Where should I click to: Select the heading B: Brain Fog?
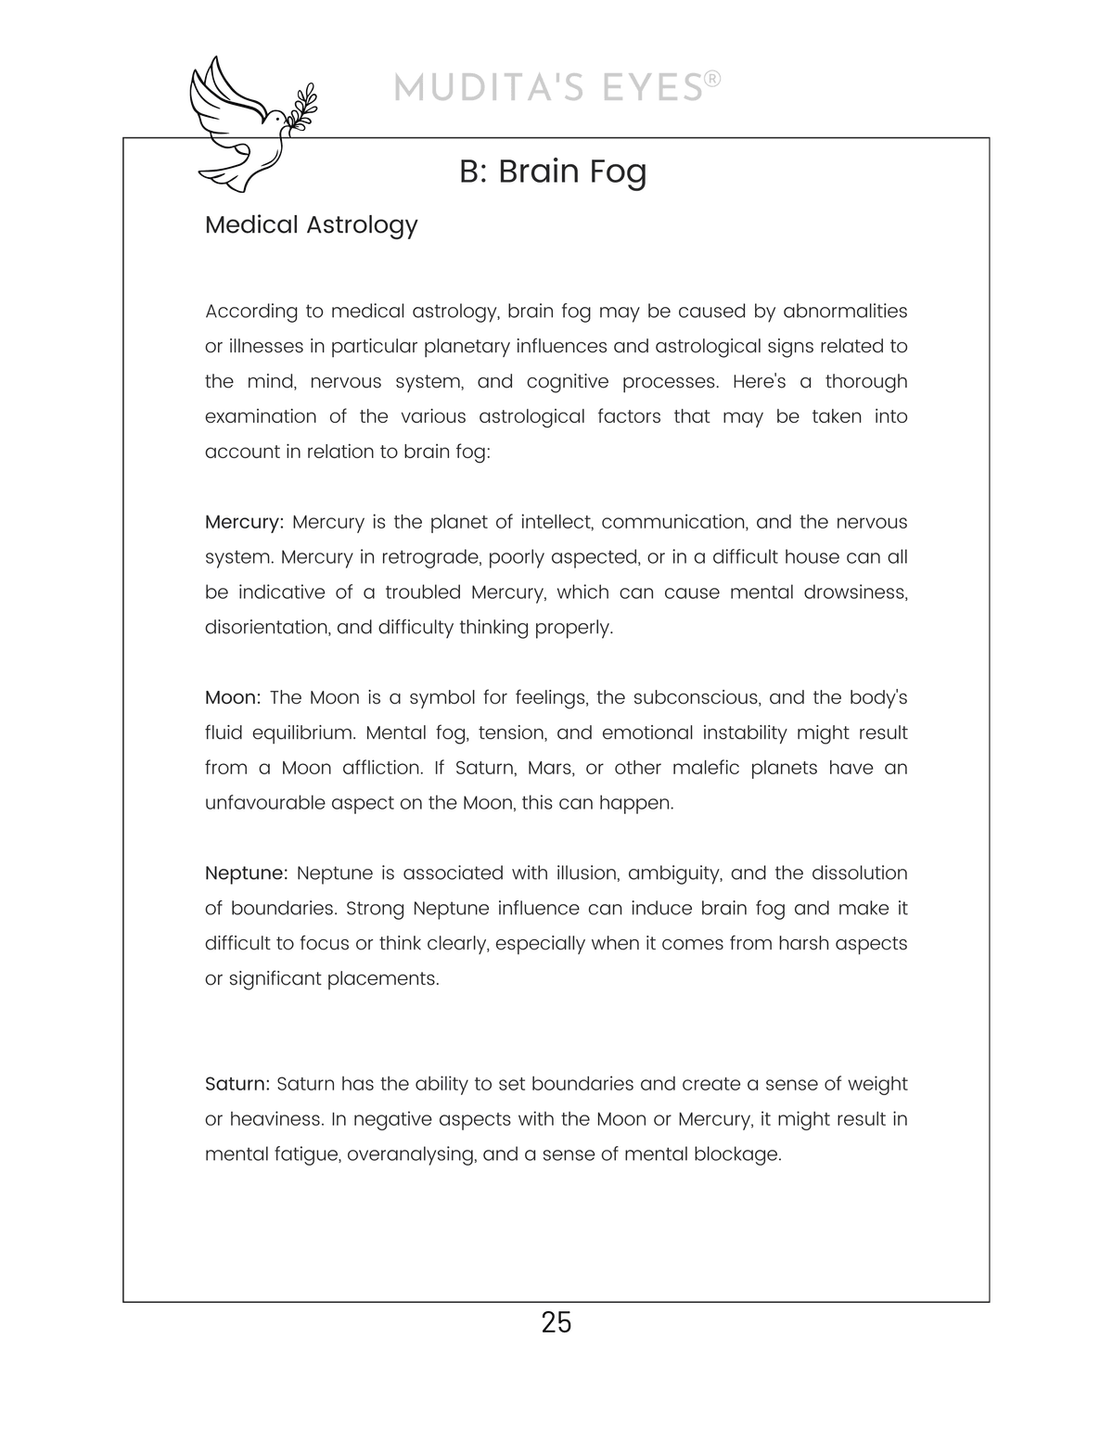click(x=553, y=172)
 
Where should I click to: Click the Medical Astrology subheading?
click(x=311, y=225)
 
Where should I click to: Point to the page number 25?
click(x=556, y=1322)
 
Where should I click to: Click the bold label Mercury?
click(x=244, y=522)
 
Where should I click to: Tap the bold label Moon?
click(x=233, y=697)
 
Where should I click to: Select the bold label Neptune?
click(x=247, y=873)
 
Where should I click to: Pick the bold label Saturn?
click(x=237, y=1084)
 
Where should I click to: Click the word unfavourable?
click(x=269, y=803)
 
